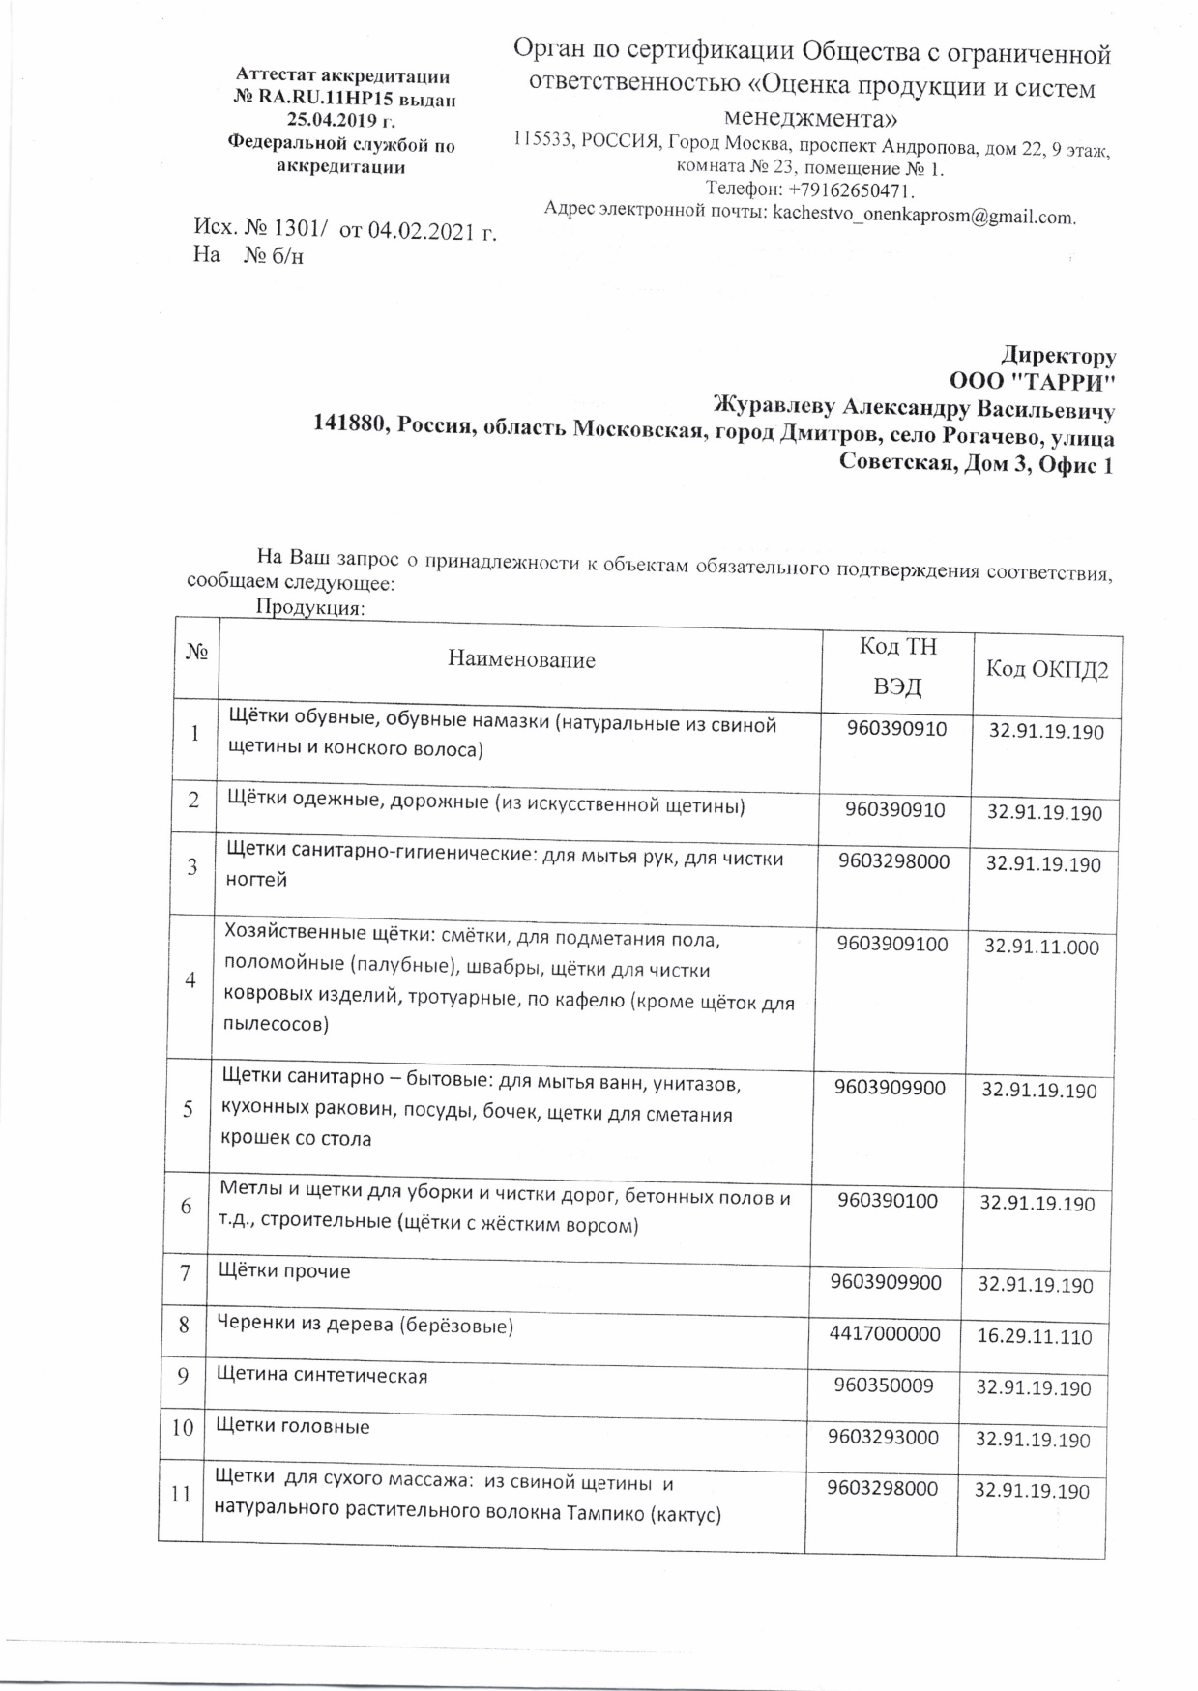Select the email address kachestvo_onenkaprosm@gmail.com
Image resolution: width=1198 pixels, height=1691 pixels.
923,216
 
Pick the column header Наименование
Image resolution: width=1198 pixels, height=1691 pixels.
521,660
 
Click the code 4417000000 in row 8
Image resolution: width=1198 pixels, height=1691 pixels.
885,1334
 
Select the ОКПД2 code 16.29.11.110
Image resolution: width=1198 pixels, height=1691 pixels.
1035,1337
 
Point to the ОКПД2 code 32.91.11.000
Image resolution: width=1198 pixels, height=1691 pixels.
1041,948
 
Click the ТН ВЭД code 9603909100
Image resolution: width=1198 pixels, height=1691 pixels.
892,944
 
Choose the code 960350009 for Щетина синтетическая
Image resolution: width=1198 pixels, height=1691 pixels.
885,1385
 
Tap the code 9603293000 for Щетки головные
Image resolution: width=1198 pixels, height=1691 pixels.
883,1438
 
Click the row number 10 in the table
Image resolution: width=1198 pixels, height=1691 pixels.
183,1427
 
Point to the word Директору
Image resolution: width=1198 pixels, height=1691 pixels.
1058,354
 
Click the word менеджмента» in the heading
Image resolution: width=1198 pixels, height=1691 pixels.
810,120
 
